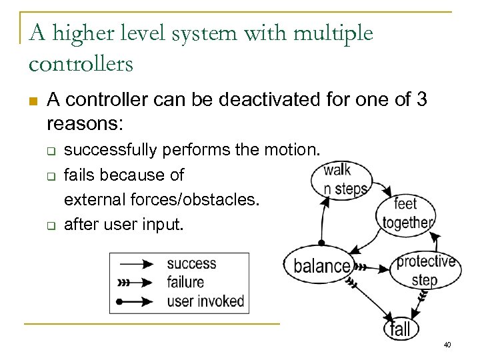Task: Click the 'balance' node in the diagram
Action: tap(322, 266)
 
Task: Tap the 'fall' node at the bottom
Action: tap(401, 327)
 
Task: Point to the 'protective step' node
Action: tap(425, 269)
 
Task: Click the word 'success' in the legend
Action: tap(191, 264)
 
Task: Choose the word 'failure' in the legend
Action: tap(185, 282)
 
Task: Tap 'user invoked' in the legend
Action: tap(205, 301)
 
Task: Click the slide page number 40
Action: tap(447, 345)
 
